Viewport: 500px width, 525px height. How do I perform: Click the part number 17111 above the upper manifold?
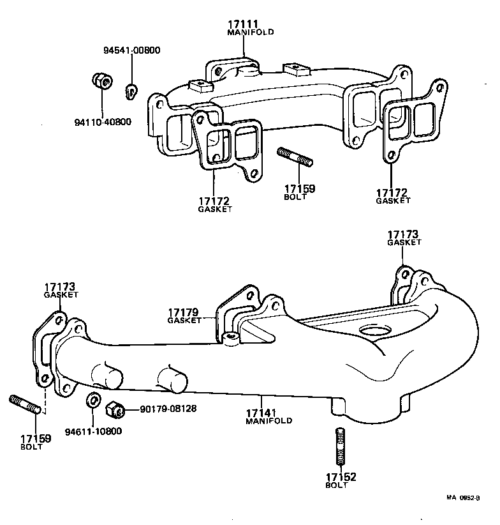tap(242, 24)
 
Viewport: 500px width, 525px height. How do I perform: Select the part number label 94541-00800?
tap(132, 50)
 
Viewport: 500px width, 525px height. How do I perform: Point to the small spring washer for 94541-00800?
tap(131, 91)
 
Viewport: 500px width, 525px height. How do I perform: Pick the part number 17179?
tap(184, 312)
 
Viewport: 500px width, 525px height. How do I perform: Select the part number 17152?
tap(341, 477)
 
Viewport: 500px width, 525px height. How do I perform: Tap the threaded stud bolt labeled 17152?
tap(341, 446)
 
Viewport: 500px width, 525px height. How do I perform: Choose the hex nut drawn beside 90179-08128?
tap(115, 408)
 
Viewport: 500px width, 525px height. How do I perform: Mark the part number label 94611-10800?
tap(92, 431)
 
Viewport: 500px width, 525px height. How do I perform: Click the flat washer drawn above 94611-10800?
tap(92, 401)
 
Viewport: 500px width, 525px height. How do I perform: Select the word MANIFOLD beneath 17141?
tap(268, 422)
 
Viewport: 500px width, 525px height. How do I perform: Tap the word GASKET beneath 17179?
tap(184, 321)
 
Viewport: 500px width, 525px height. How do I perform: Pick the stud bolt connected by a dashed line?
tap(26, 405)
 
